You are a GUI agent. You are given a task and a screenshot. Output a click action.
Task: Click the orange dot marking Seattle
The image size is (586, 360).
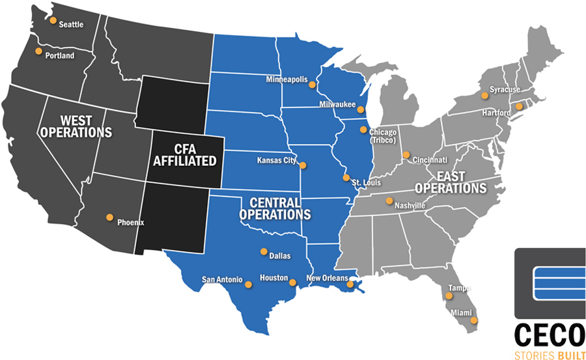click(x=53, y=20)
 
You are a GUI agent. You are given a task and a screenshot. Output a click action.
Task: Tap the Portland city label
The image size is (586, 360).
click(x=60, y=55)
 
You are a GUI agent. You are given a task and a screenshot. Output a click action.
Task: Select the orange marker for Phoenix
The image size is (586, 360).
click(x=109, y=217)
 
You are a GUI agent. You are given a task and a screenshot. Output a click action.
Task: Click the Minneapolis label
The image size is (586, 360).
click(x=286, y=79)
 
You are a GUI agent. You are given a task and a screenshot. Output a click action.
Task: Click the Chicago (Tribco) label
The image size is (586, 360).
click(x=383, y=136)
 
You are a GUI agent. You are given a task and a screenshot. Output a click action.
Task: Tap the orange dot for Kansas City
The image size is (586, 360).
click(x=302, y=165)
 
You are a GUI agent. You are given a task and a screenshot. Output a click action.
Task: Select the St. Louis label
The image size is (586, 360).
click(x=366, y=183)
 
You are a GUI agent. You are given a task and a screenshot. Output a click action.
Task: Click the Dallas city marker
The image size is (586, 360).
click(x=264, y=251)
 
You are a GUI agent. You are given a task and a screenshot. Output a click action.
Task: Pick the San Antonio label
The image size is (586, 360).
click(x=222, y=279)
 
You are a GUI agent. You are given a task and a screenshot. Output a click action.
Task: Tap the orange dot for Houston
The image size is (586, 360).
click(x=292, y=283)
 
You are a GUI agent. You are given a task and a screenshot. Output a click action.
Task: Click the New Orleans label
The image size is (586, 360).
click(x=327, y=279)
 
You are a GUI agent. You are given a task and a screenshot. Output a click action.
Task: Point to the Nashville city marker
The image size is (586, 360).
click(x=389, y=201)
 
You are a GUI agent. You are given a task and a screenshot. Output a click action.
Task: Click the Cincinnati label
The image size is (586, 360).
click(x=429, y=159)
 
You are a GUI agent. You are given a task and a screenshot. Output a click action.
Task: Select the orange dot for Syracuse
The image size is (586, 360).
click(x=484, y=96)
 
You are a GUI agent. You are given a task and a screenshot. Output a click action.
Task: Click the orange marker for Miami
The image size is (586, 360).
click(x=474, y=320)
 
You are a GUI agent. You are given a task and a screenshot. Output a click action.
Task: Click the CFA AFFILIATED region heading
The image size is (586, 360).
click(x=185, y=155)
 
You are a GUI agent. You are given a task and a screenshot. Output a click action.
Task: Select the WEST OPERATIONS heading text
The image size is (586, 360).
click(x=76, y=126)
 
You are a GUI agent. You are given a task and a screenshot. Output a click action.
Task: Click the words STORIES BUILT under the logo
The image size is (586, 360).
click(x=548, y=355)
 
